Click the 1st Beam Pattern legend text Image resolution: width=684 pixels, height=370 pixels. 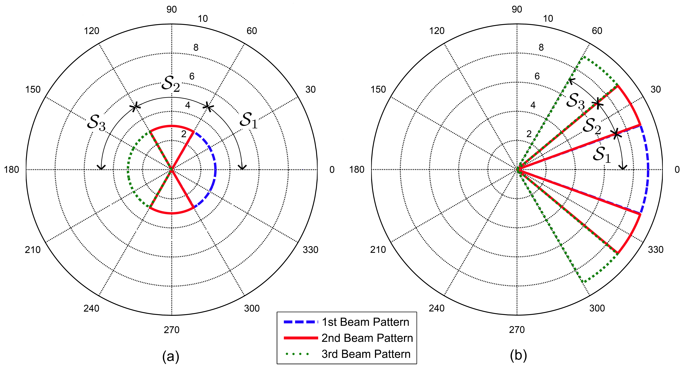[365, 322]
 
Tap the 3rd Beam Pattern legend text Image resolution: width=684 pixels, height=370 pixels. [366, 354]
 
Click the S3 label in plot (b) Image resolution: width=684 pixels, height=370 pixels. [575, 101]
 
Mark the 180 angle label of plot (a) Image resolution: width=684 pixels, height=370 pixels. [11, 170]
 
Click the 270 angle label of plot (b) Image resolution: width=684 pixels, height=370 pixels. [517, 330]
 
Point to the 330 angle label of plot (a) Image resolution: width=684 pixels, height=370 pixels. [310, 250]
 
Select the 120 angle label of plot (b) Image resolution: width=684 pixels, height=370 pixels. [437, 31]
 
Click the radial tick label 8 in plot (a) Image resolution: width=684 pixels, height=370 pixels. [196, 47]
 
